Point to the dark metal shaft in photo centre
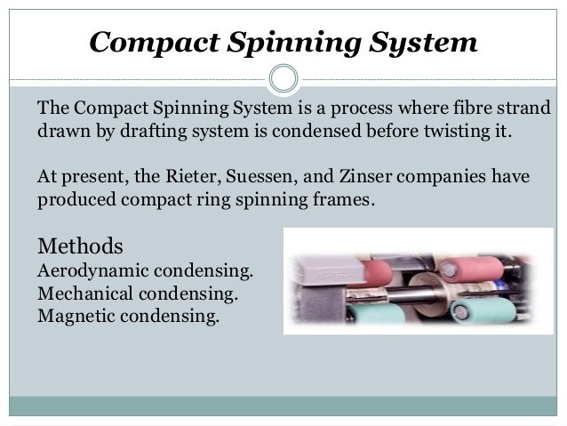click(418, 285)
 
